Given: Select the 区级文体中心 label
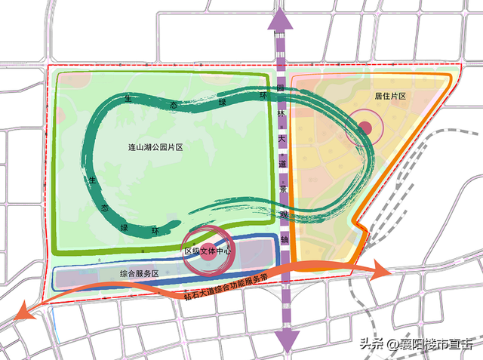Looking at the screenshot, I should [208, 250].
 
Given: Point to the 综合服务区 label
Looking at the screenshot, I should [138, 274].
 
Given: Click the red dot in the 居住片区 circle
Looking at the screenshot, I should [364, 128].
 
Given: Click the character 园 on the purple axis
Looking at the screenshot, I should [280, 90].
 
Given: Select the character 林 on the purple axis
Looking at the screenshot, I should [281, 113].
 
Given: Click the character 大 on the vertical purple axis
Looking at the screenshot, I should [281, 138].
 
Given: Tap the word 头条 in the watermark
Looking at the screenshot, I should [371, 344].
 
